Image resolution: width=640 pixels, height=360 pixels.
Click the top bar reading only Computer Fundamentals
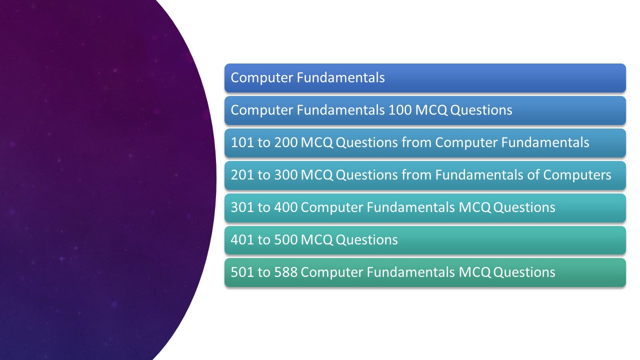click(x=425, y=78)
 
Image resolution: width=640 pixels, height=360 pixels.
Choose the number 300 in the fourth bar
click(x=285, y=175)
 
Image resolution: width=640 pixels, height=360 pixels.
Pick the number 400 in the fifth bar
click(x=285, y=207)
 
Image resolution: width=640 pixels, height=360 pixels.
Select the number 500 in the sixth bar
click(x=285, y=240)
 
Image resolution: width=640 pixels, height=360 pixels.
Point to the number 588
click(x=285, y=272)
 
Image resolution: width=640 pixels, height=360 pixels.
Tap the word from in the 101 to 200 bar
click(x=416, y=142)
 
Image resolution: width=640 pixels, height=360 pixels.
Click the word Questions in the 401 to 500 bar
click(x=366, y=240)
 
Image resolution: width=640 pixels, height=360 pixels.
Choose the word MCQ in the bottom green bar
click(x=475, y=272)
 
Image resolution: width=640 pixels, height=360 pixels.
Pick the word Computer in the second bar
click(x=262, y=110)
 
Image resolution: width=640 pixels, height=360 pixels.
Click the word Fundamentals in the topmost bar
click(x=340, y=78)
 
